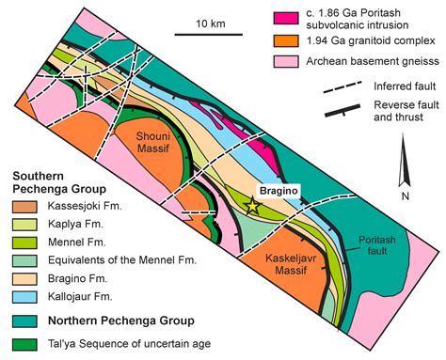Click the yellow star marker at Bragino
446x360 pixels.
(x=251, y=205)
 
